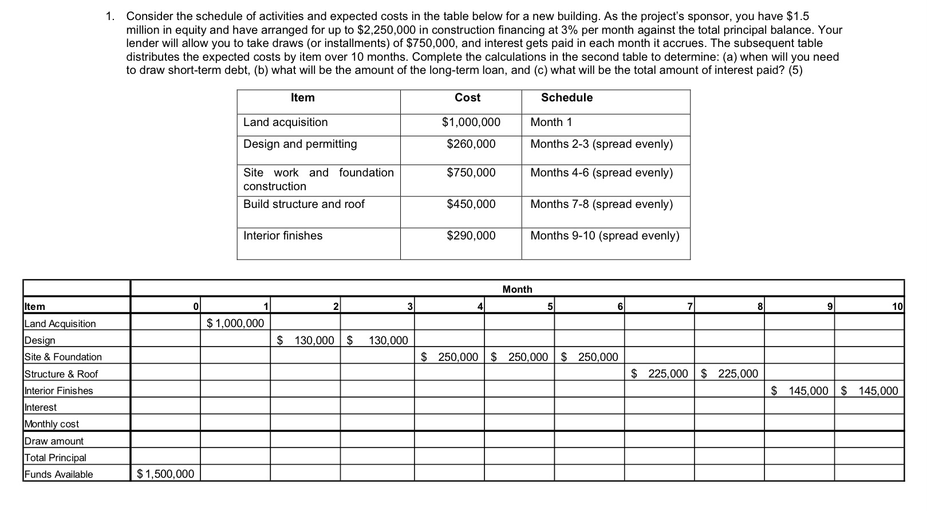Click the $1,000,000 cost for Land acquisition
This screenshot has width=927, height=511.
(x=471, y=122)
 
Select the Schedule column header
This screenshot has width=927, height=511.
(x=566, y=97)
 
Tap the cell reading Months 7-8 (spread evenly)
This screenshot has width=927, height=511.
(x=601, y=204)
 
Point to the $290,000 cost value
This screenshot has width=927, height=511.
(x=471, y=235)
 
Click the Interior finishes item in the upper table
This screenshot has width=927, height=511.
(x=283, y=235)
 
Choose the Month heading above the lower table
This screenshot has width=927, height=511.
(x=517, y=289)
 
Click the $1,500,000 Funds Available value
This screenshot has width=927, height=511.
(x=165, y=474)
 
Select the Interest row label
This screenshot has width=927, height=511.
(x=41, y=407)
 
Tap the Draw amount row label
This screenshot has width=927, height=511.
(x=54, y=441)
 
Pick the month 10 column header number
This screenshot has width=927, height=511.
(x=897, y=307)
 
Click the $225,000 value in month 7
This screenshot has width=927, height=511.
(x=660, y=374)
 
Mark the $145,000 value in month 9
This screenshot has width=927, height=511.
(x=800, y=391)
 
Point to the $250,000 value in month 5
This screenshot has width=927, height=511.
(x=520, y=357)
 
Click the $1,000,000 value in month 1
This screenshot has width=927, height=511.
(x=235, y=324)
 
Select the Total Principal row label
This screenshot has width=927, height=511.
(x=56, y=458)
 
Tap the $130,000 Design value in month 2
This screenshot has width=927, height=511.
(x=306, y=340)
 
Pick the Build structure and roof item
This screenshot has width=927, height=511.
(x=303, y=204)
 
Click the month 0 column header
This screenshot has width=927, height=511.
(x=195, y=307)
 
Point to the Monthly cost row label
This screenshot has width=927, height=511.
(x=52, y=424)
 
